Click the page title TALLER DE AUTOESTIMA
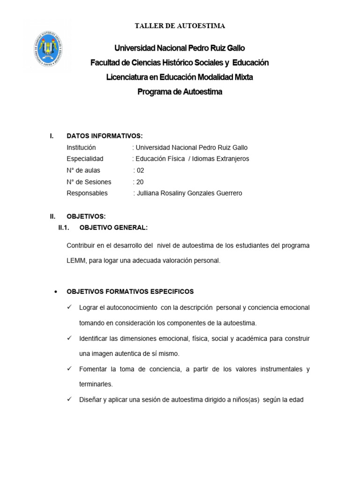pos(180,26)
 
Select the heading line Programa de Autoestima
pos(180,92)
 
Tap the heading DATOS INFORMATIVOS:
pos(105,136)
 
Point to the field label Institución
pos(81,147)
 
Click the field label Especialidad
pos(85,159)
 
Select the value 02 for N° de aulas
pos(140,170)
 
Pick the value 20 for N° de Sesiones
pos(140,182)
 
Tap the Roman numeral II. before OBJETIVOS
pos(53,216)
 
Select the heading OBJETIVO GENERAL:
pos(113,228)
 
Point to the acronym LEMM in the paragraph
pos(76,260)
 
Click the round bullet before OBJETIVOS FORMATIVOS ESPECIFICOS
pos(56,292)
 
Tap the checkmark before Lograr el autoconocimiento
pos(69,307)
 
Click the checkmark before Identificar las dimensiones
pos(69,338)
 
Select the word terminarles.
pos(96,384)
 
